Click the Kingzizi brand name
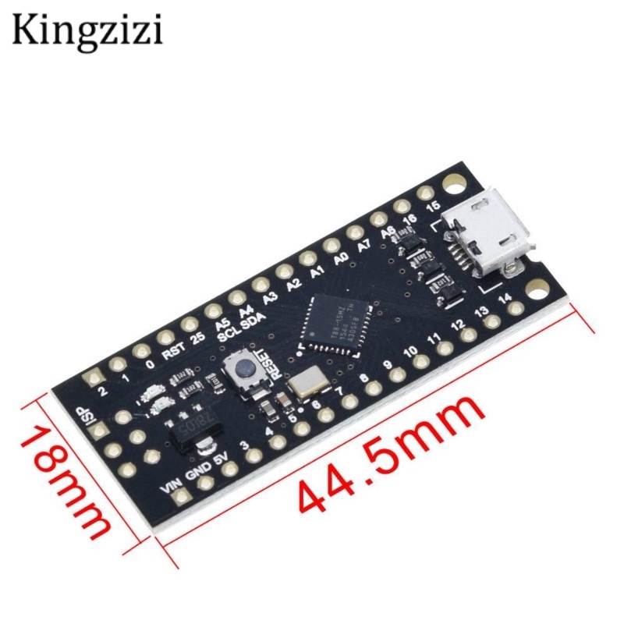coord(87,30)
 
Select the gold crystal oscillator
coord(306,383)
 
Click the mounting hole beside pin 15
coord(451,183)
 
